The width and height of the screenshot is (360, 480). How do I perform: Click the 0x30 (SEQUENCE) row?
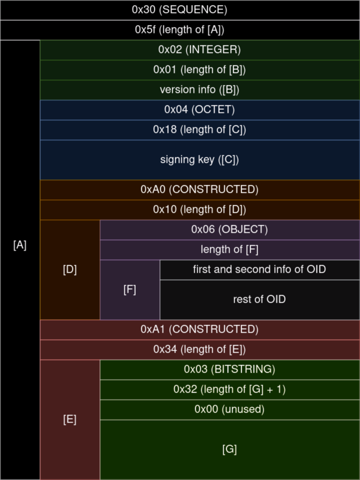[180, 10]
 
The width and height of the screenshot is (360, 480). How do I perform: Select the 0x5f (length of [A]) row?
[180, 30]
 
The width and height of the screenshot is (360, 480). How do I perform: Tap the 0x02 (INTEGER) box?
[200, 50]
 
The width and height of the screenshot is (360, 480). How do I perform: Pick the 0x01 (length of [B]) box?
[200, 70]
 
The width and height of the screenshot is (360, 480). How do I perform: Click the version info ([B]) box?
[200, 90]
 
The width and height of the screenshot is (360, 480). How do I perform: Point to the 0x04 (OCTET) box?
[200, 110]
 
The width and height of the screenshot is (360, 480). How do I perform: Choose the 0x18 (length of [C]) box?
[200, 130]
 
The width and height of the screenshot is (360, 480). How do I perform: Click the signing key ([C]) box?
[200, 160]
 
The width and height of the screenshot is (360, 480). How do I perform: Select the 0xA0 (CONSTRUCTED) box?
[200, 190]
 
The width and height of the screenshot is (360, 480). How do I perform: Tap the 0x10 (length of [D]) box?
[200, 210]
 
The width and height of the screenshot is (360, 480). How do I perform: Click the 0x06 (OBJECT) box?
[230, 230]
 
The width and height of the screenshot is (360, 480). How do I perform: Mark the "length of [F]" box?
[230, 250]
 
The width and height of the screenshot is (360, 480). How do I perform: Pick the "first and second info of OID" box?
[260, 270]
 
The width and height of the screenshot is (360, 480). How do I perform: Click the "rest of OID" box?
[260, 300]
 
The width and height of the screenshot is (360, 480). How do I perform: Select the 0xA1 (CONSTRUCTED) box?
[200, 330]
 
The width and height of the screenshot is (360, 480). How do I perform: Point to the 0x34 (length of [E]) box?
[200, 350]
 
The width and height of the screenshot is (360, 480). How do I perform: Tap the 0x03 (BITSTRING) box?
[230, 370]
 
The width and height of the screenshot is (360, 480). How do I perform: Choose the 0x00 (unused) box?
[230, 410]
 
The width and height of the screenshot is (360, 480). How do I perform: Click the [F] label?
[130, 290]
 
